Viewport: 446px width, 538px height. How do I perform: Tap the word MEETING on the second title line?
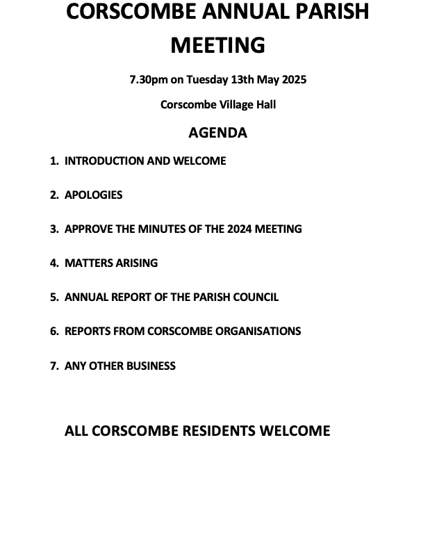coord(218,44)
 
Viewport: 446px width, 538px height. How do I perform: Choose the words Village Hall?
coord(248,104)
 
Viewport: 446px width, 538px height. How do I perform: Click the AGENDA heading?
coord(218,132)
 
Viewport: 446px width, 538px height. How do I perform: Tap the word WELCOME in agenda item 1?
coord(199,161)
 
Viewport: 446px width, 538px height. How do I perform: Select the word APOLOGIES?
coord(93,195)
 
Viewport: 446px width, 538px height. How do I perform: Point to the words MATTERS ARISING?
coord(111,263)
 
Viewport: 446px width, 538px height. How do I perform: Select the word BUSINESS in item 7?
coord(151,366)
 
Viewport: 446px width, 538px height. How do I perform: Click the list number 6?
coord(54,331)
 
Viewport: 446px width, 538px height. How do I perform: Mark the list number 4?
coord(54,263)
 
